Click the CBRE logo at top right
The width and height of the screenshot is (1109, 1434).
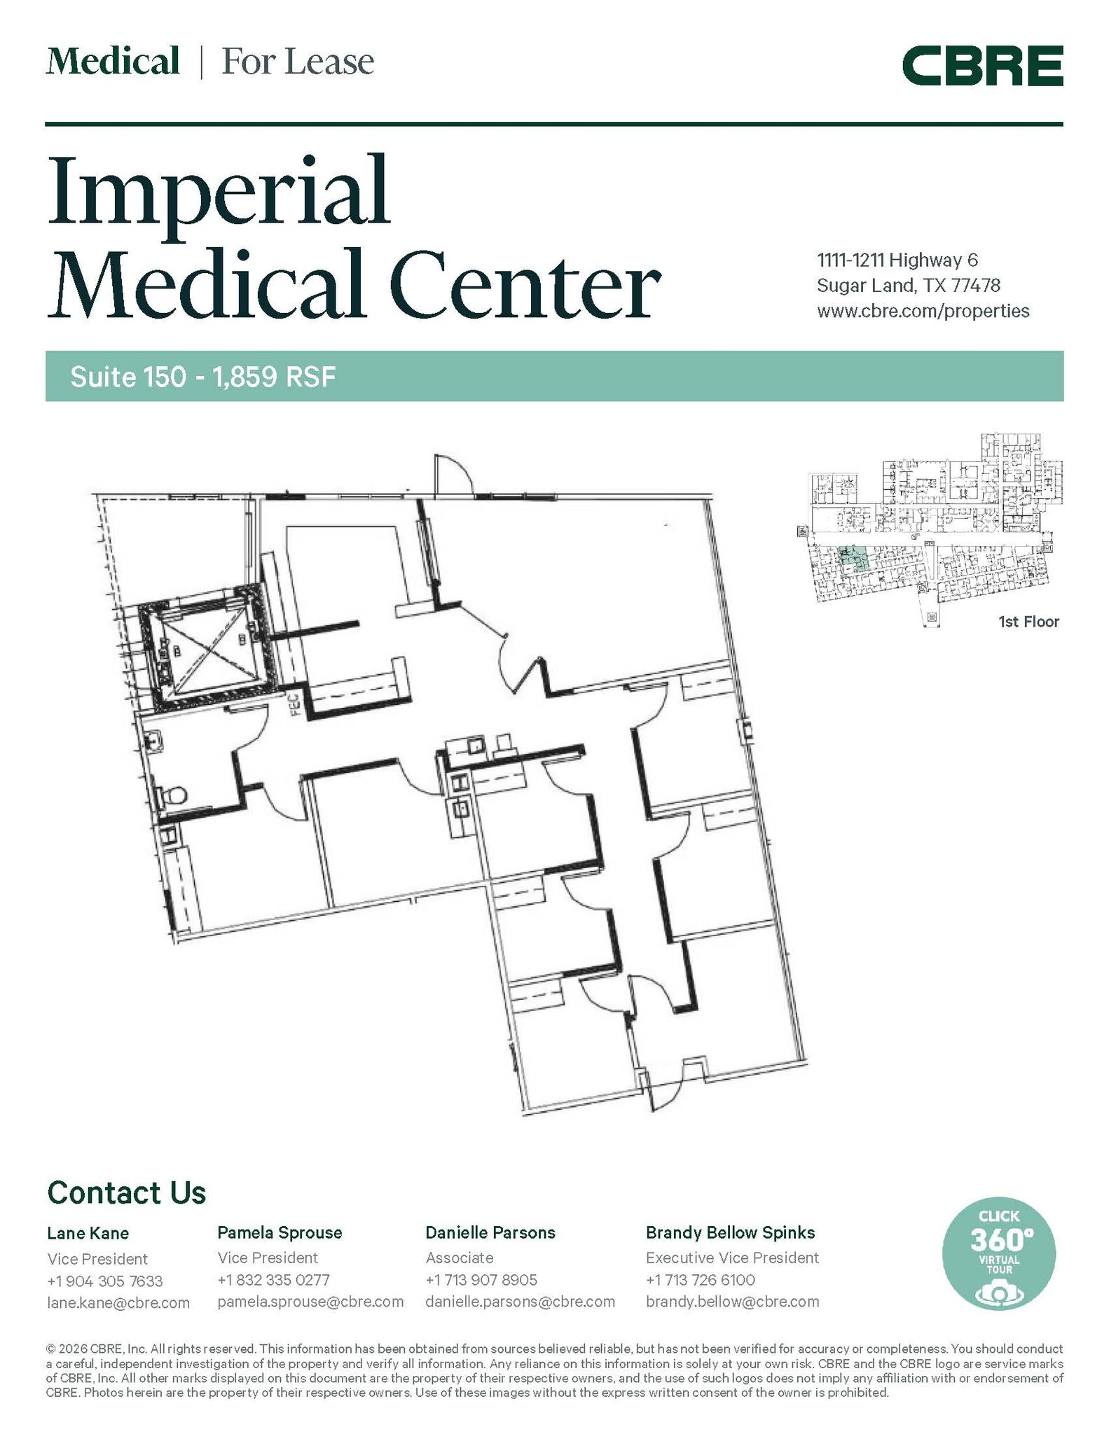[x=982, y=66]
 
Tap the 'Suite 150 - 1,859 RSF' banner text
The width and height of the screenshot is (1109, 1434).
[x=203, y=377]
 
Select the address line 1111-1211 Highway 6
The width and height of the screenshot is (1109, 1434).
[x=897, y=260]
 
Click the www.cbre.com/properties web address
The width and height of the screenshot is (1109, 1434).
[x=923, y=311]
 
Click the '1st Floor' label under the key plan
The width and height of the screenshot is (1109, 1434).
[x=1028, y=621]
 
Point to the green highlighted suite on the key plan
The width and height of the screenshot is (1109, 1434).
[x=853, y=558]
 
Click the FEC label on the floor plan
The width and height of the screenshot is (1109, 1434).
[x=295, y=703]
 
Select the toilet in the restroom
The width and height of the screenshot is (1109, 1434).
[x=173, y=795]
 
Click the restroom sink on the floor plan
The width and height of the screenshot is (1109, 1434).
[x=155, y=740]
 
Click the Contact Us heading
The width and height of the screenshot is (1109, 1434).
[x=126, y=1192]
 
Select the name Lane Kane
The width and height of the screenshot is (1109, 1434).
[x=88, y=1233]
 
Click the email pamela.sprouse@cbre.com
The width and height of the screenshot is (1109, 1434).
[x=310, y=1302]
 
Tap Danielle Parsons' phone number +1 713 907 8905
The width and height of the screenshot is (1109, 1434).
[x=481, y=1280]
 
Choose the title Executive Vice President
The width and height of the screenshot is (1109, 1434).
[x=732, y=1258]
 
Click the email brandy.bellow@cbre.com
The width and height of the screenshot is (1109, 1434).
[x=732, y=1302]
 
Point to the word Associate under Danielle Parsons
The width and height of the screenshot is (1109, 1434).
[x=460, y=1258]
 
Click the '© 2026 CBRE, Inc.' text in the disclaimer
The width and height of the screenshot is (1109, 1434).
[x=86, y=1349]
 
